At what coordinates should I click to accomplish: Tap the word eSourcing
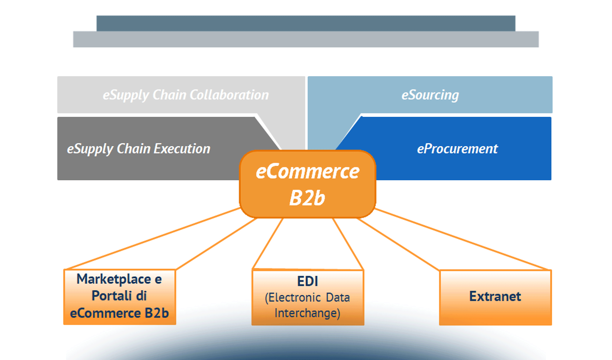point(430,95)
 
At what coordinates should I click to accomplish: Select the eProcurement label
point(457,149)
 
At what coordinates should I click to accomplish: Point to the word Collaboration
point(229,95)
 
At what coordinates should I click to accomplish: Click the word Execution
point(182,149)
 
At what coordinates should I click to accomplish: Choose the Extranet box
point(495,297)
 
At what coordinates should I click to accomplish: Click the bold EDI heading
point(307,281)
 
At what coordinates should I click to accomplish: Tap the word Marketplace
point(114,279)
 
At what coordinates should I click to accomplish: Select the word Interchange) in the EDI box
point(307,313)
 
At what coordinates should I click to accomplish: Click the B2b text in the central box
point(307,198)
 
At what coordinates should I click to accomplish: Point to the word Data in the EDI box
point(338,298)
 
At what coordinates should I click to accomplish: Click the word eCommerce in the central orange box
point(307,172)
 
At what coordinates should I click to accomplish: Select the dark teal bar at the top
point(306,23)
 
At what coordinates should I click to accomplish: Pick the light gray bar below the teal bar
point(306,39)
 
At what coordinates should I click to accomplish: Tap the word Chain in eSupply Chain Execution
point(132,149)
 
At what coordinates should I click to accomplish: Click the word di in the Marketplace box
point(141,296)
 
